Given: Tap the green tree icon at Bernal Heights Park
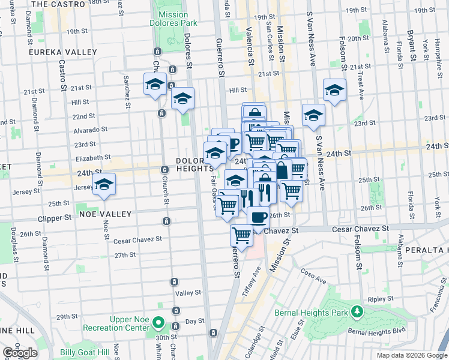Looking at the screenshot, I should point(357,311).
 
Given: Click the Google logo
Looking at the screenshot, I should point(20,353).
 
